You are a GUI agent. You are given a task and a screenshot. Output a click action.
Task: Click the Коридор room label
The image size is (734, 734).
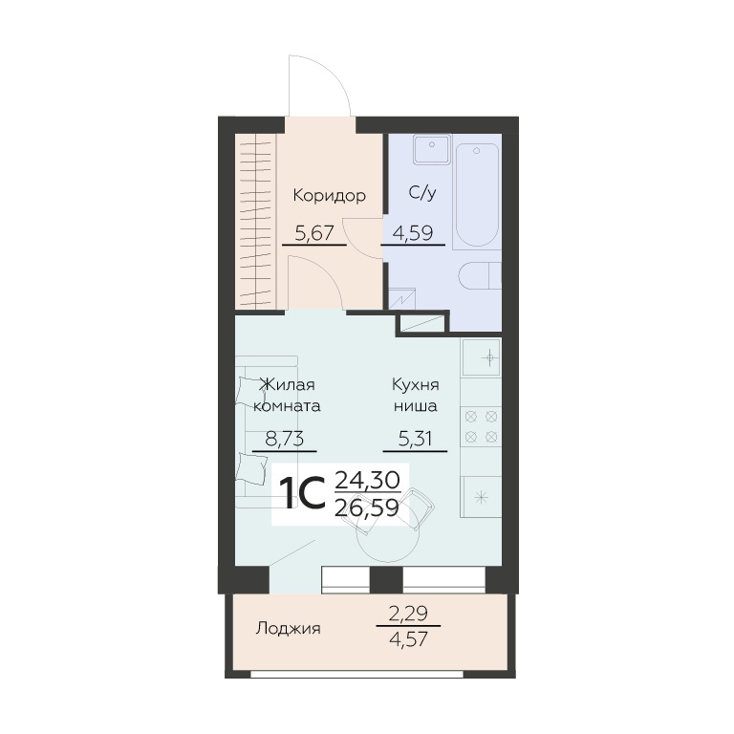329,196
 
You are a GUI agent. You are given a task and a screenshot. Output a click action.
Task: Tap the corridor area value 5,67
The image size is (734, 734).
314,232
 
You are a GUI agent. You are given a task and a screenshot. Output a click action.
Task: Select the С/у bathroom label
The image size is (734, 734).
422,192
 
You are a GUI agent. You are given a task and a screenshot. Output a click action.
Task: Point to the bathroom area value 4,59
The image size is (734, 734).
413,232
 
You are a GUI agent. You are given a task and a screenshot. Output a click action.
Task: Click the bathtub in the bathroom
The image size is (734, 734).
477,195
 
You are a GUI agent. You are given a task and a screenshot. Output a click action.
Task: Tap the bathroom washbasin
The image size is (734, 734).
432,149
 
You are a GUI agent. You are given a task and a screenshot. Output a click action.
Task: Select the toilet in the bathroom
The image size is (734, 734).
480,276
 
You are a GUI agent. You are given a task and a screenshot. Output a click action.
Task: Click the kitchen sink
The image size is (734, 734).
481,358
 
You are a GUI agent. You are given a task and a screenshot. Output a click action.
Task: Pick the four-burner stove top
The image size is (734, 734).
481,426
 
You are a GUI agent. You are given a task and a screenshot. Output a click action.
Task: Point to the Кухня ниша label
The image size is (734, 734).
415,395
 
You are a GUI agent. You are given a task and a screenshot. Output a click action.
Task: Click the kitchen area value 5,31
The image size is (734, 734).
415,439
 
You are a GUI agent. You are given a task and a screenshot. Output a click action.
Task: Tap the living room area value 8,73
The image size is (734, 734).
285,439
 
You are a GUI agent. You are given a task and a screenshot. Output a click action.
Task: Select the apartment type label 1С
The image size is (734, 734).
302,493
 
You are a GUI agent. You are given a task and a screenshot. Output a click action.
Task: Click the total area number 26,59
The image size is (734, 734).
367,507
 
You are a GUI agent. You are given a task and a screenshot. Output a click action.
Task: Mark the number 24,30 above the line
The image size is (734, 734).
367,480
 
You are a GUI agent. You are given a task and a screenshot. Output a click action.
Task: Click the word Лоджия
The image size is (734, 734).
288,628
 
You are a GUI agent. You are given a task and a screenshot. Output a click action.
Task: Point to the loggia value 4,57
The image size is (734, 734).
409,638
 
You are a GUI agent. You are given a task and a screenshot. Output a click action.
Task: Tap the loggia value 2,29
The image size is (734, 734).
408,613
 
